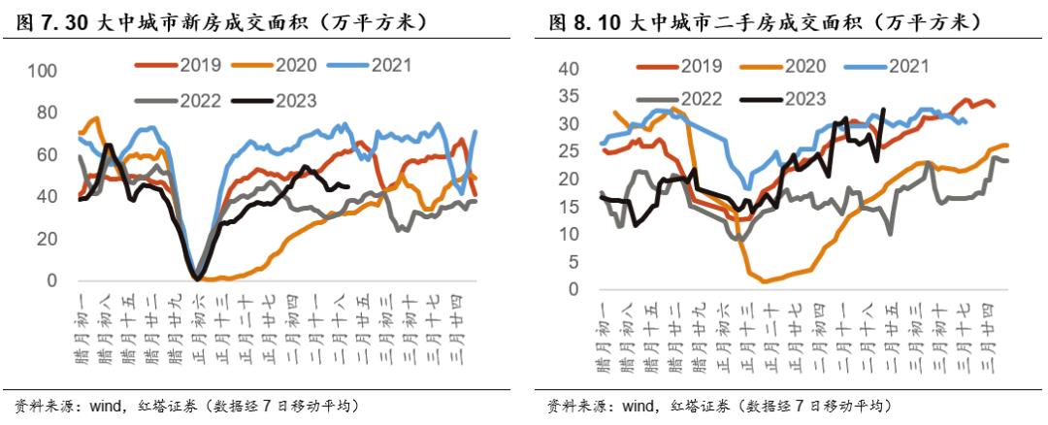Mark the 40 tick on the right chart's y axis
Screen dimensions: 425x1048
click(x=568, y=69)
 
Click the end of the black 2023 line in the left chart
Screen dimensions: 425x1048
click(x=348, y=187)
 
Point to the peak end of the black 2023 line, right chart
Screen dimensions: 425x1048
click(x=882, y=110)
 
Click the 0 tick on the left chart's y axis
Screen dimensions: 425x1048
click(x=52, y=280)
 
